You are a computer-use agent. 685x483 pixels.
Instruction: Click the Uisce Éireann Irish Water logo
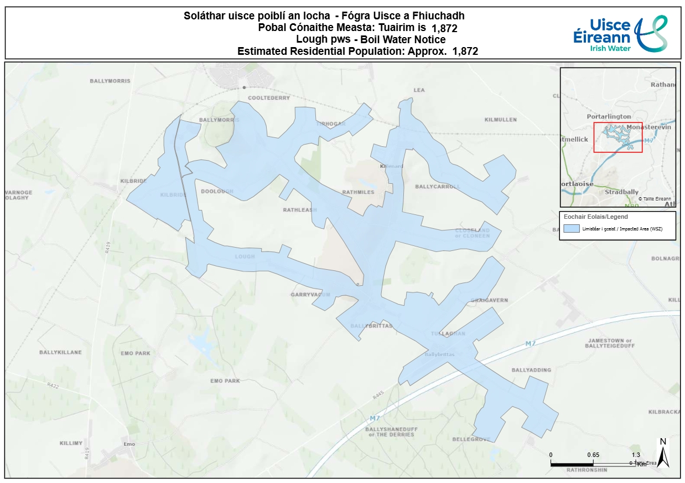pyautogui.click(x=620, y=33)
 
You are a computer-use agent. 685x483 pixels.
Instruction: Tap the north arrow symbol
pyautogui.click(x=664, y=452)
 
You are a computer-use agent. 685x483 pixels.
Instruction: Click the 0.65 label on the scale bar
pyautogui.click(x=593, y=455)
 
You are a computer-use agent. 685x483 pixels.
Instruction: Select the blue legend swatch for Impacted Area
pyautogui.click(x=572, y=229)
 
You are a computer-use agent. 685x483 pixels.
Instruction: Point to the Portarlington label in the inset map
pyautogui.click(x=609, y=116)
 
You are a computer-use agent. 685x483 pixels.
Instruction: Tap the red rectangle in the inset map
pyautogui.click(x=617, y=137)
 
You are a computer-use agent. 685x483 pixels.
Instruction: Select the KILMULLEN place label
pyautogui.click(x=500, y=120)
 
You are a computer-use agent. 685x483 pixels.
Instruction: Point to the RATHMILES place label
pyautogui.click(x=358, y=192)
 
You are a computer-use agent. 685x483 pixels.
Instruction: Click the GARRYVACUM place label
pyautogui.click(x=310, y=295)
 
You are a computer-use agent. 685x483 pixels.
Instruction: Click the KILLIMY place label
pyautogui.click(x=71, y=443)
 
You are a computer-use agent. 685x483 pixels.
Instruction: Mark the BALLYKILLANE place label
pyautogui.click(x=60, y=352)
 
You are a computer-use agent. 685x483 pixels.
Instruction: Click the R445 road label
pyautogui.click(x=378, y=395)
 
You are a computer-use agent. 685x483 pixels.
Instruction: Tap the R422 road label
pyautogui.click(x=53, y=384)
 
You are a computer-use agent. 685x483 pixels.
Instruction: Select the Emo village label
pyautogui.click(x=129, y=444)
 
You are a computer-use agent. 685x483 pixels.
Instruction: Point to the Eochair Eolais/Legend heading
pyautogui.click(x=595, y=217)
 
